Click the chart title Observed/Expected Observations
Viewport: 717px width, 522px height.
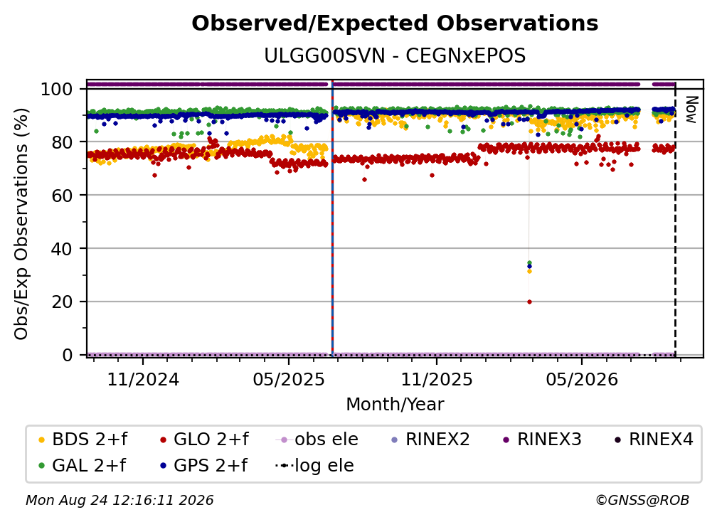click(395, 23)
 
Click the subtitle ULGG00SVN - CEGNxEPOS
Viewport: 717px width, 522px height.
click(395, 56)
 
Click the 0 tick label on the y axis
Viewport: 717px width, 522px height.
click(68, 355)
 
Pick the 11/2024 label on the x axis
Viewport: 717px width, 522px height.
click(143, 380)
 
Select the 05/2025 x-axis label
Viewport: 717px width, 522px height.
click(289, 380)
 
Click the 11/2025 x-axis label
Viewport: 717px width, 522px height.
click(437, 380)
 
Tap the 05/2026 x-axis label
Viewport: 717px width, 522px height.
click(582, 380)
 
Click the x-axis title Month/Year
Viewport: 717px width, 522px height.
click(395, 405)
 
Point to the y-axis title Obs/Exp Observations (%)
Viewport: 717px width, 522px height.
click(21, 223)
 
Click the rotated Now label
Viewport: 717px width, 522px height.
click(691, 110)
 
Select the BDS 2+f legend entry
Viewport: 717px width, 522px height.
click(83, 440)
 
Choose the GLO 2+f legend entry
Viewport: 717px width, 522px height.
click(204, 440)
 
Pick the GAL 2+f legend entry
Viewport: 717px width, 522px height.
click(83, 465)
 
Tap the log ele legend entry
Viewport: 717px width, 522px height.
click(315, 465)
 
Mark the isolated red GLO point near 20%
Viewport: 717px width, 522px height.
click(529, 302)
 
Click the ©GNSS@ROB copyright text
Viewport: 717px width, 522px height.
click(642, 500)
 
